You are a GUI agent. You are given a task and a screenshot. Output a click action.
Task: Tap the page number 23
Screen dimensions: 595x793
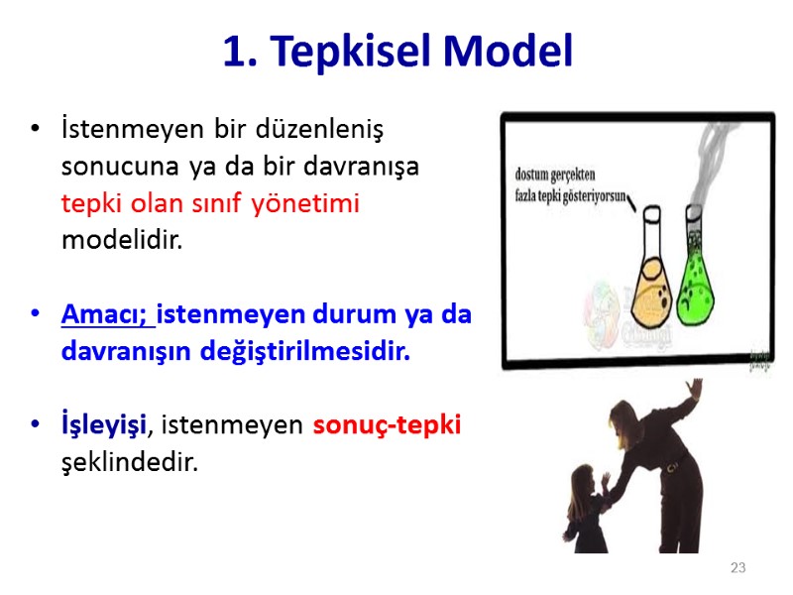[737, 568]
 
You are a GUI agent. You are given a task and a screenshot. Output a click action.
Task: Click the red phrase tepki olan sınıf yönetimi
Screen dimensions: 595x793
[210, 203]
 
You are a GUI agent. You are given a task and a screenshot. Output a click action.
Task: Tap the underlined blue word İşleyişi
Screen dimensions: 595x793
[103, 425]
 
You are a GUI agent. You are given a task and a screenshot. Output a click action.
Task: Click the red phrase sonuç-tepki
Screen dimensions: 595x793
[388, 425]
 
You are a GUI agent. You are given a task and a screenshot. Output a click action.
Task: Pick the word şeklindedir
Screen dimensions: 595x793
[129, 462]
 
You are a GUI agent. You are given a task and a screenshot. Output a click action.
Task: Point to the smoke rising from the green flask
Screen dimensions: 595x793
[709, 169]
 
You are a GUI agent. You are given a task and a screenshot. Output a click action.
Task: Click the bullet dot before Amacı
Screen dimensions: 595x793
[37, 314]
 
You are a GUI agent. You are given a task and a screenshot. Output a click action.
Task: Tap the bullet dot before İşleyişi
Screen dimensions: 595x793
[37, 425]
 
